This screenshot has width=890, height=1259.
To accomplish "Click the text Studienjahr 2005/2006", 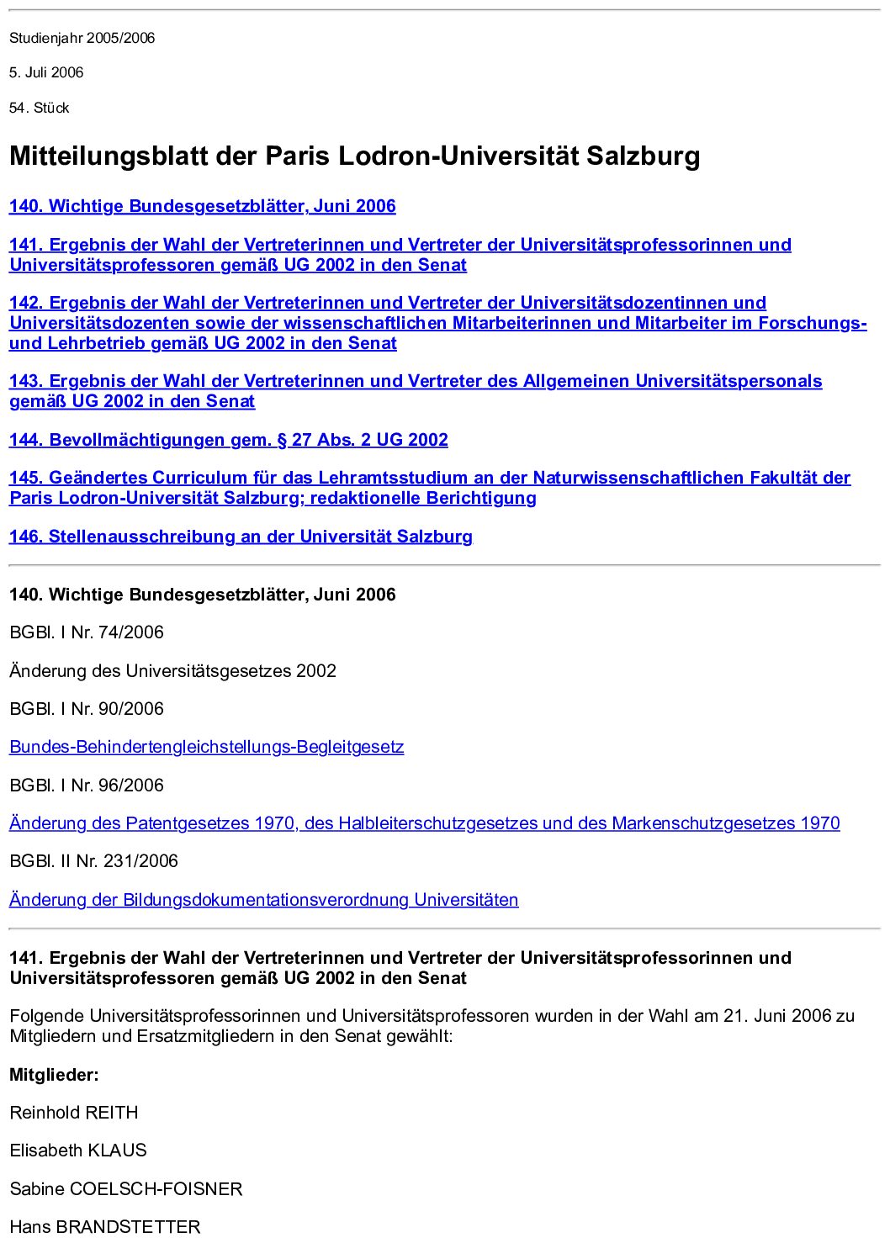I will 82,38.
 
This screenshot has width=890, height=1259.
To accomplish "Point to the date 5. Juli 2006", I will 46,72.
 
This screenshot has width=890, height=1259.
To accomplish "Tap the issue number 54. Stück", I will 39,108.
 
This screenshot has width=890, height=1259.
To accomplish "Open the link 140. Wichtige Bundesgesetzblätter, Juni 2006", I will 202,206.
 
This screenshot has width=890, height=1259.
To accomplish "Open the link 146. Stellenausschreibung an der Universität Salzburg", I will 241,537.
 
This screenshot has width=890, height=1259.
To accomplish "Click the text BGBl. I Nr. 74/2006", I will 86,632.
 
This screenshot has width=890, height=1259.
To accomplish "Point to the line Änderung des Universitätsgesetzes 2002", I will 172,671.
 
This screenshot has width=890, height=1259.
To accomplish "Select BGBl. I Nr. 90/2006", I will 86,709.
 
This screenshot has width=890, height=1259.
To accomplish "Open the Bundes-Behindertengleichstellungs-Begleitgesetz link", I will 206,747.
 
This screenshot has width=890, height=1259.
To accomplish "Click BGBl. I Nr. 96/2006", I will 86,786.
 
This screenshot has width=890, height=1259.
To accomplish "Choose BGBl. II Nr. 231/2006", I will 93,861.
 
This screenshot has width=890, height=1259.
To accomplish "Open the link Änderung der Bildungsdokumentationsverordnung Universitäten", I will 263,900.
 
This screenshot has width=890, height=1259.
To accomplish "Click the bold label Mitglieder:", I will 54,1075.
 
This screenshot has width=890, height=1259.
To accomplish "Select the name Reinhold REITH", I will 74,1113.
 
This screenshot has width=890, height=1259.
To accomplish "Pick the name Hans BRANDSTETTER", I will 105,1227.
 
